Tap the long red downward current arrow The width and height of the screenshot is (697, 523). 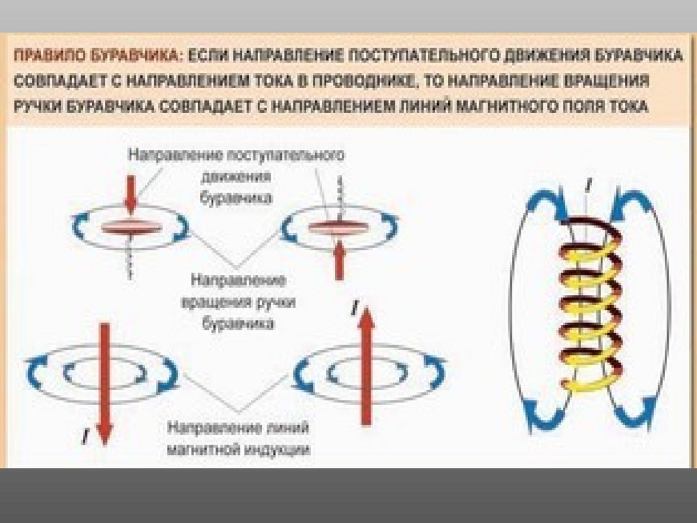pyautogui.click(x=103, y=381)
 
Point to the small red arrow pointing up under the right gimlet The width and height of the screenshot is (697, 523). pyautogui.click(x=338, y=262)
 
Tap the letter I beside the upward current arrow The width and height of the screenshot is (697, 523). pyautogui.click(x=353, y=310)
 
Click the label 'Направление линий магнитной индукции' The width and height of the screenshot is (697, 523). pyautogui.click(x=239, y=439)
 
